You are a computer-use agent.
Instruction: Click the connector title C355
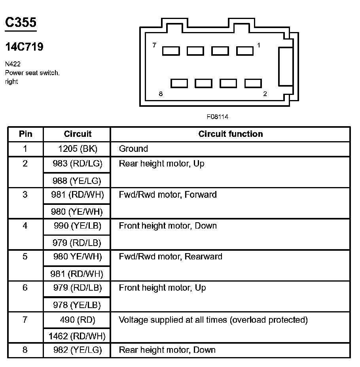point(21,22)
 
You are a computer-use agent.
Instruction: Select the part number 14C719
point(25,47)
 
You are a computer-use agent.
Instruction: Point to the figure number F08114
point(217,117)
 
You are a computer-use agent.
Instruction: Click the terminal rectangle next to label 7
point(171,51)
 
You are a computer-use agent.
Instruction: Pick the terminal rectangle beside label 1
point(244,51)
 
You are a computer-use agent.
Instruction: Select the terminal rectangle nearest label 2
point(253,83)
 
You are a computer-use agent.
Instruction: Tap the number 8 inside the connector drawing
point(160,94)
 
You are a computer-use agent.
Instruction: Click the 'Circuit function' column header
point(230,134)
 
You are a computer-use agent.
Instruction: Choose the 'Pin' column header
point(25,134)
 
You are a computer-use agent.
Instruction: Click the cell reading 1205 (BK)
point(78,149)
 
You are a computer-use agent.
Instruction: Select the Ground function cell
point(133,149)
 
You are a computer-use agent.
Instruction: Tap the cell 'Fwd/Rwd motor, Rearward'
point(171,257)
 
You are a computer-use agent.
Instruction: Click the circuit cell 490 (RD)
point(78,320)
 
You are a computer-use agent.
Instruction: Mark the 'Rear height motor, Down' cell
point(167,350)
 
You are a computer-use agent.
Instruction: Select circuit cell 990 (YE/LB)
point(78,226)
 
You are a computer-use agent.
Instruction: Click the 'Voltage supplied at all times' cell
point(213,320)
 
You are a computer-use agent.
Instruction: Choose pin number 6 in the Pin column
point(25,288)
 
